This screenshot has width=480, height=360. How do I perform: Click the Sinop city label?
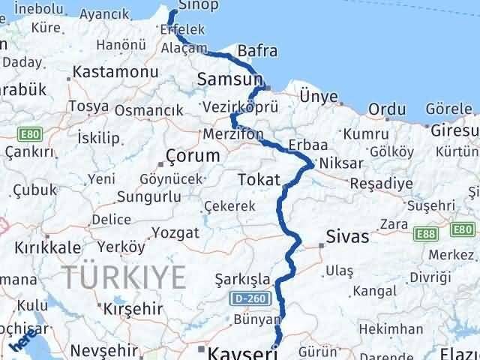(x=199, y=6)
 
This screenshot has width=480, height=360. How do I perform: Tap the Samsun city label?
(x=229, y=78)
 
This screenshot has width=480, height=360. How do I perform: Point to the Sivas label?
(x=348, y=237)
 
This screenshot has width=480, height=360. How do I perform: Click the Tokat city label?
(x=258, y=180)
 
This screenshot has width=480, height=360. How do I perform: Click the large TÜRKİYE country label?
(x=124, y=277)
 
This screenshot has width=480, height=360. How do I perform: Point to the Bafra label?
(x=257, y=51)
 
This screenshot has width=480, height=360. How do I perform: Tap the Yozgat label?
(x=178, y=232)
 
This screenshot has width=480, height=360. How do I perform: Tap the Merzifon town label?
(x=233, y=134)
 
